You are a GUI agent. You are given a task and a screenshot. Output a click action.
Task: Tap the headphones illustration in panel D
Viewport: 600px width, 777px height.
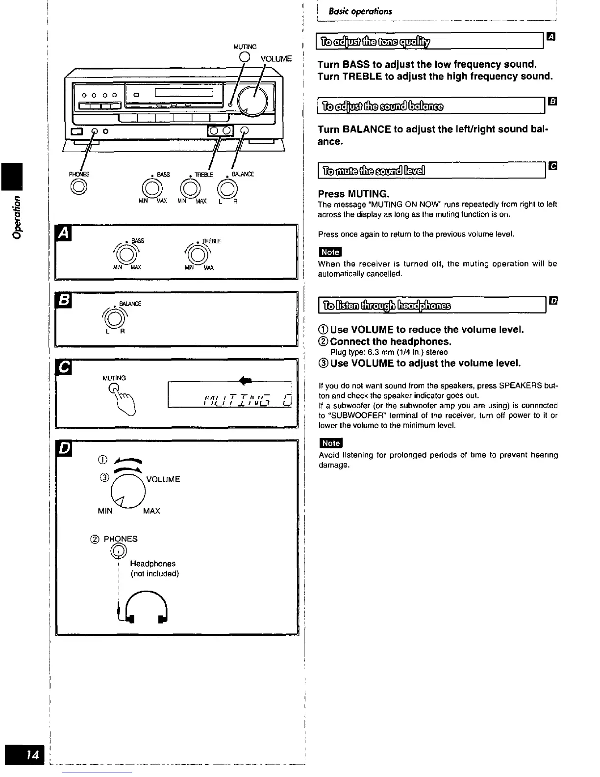[146, 609]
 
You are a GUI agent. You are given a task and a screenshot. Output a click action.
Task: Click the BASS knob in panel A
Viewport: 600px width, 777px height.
[125, 254]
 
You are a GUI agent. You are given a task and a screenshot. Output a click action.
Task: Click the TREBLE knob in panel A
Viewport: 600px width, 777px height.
[197, 255]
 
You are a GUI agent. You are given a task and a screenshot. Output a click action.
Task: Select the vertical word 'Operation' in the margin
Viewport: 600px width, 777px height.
[18, 217]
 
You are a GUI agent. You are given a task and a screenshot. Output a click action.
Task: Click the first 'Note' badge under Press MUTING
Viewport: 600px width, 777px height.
[329, 252]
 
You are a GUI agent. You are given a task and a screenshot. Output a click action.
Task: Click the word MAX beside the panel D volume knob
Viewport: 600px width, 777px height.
[151, 511]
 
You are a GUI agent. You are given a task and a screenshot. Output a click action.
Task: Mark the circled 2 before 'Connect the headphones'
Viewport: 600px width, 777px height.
[324, 341]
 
